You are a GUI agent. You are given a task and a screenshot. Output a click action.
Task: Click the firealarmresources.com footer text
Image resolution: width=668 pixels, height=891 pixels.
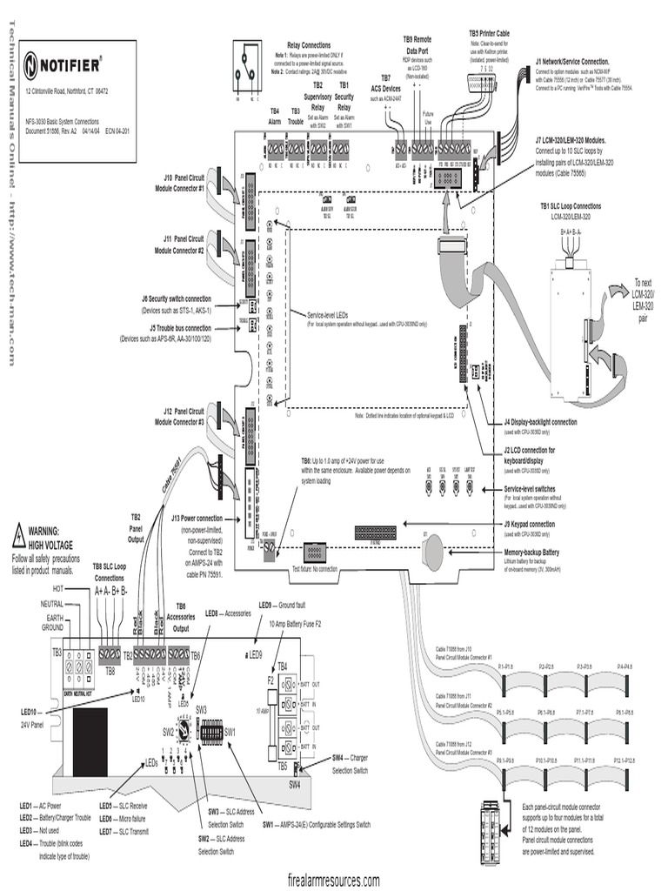[333, 880]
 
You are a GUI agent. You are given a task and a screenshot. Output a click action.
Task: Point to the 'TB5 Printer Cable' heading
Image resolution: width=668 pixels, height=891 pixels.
[490, 33]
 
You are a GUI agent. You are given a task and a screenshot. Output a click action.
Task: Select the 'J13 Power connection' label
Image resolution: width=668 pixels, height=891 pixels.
[197, 519]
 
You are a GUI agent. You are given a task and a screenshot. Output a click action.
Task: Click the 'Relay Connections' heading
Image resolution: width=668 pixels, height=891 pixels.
[309, 44]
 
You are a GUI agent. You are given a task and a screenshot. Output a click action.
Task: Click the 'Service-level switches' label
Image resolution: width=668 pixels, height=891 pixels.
[542, 489]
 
